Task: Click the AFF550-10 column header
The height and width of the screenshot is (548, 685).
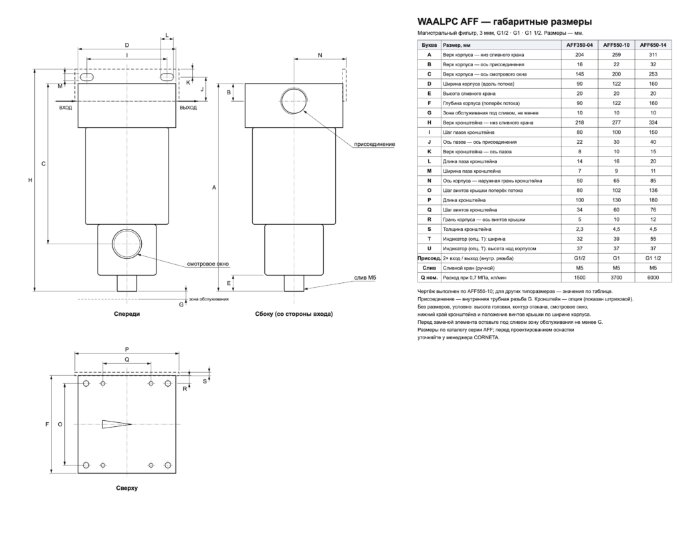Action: (616, 45)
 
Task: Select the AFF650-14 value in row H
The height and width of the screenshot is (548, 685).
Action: (653, 123)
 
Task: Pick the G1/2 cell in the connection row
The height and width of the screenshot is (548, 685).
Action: (580, 258)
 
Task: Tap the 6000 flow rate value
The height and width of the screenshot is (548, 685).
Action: (653, 278)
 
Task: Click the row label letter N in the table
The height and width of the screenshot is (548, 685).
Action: (429, 181)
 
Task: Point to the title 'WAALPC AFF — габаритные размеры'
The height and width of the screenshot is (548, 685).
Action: (504, 22)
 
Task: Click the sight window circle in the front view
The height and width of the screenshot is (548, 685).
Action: (127, 244)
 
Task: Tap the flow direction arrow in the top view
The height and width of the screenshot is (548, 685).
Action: (116, 424)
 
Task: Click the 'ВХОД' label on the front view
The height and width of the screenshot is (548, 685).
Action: (66, 108)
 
